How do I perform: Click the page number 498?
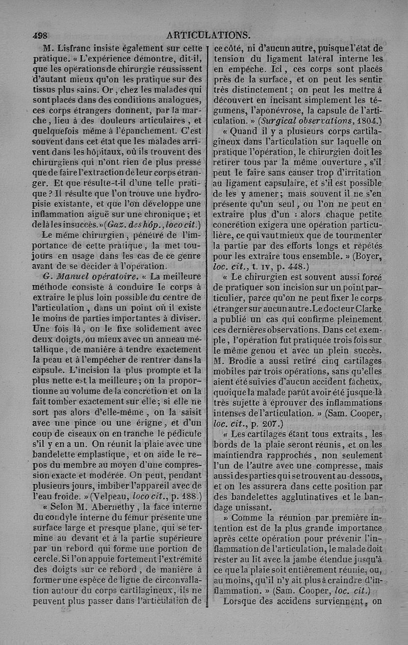(x=39, y=36)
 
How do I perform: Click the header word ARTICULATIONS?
(x=208, y=36)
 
